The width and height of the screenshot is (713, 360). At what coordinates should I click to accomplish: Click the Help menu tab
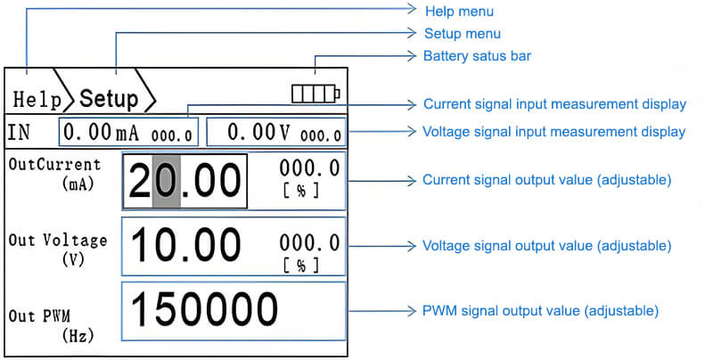click(x=31, y=97)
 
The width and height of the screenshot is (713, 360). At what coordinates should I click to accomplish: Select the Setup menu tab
click(x=109, y=97)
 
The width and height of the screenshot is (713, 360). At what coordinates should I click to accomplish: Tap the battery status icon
click(x=315, y=94)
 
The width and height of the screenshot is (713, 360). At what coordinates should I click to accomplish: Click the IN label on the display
click(x=20, y=134)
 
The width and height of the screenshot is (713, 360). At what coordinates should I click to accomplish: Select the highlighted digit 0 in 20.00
click(x=167, y=182)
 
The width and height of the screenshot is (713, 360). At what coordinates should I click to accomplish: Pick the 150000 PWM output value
click(x=205, y=310)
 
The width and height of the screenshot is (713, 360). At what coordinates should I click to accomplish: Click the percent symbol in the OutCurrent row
click(x=300, y=190)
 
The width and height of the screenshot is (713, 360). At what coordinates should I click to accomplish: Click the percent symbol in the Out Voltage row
click(x=300, y=266)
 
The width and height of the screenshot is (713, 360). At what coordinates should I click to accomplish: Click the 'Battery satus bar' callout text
click(x=477, y=55)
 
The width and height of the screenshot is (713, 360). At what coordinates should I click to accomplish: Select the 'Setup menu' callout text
click(x=462, y=34)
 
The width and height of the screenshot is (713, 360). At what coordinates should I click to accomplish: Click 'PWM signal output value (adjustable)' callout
click(x=540, y=311)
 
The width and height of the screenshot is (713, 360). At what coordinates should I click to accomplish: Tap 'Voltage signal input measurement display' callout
click(x=554, y=131)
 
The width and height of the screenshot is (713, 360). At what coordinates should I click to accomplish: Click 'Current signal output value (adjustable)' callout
click(x=546, y=180)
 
